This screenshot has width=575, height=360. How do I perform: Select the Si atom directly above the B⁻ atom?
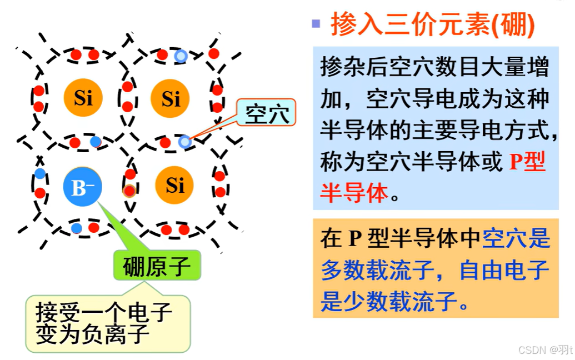pos(83,98)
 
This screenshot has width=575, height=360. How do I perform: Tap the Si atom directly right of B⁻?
pos(174,185)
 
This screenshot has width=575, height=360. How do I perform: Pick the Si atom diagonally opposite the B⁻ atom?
pos(171,99)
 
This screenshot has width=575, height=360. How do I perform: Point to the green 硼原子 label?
pos(157,267)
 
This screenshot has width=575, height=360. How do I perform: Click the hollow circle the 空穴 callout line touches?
pos(185,142)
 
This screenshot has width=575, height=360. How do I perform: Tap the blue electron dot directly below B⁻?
pos(77,228)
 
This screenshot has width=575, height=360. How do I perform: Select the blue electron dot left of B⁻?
pos(40,173)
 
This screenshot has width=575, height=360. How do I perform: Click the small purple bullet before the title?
pos(316,24)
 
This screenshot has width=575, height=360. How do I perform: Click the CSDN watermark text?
pos(544,350)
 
